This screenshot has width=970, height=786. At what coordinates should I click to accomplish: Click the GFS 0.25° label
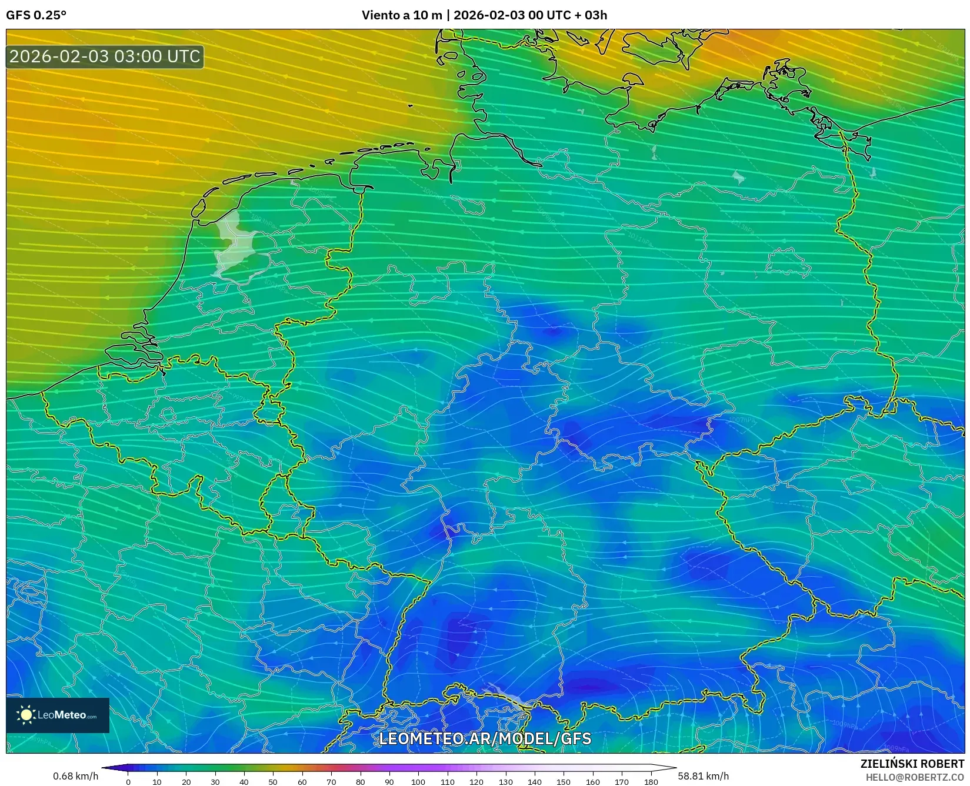click(36, 15)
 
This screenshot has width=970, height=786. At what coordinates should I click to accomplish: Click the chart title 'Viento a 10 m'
click(401, 15)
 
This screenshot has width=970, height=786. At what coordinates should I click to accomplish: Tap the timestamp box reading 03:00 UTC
click(105, 56)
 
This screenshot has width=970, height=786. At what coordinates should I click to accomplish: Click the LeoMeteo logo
click(58, 715)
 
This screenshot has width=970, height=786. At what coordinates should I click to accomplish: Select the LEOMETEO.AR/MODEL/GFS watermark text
click(485, 738)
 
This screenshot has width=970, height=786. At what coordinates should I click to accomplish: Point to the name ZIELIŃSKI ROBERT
click(912, 764)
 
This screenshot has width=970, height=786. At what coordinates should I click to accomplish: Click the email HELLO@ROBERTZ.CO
click(915, 777)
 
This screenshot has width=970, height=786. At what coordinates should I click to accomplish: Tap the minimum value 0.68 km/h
click(75, 776)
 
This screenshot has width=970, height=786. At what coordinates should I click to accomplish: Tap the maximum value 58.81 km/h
click(703, 776)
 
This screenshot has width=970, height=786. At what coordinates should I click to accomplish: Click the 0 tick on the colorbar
click(128, 782)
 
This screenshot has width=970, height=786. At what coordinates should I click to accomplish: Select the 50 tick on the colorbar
click(273, 782)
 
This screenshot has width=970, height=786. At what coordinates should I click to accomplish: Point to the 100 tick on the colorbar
click(418, 782)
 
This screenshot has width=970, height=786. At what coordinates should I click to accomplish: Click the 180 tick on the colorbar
click(651, 782)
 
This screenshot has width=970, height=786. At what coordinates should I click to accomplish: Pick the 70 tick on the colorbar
click(331, 782)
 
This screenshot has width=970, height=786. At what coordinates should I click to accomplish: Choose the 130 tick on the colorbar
click(505, 782)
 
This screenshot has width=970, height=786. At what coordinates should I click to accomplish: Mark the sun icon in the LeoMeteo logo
click(26, 715)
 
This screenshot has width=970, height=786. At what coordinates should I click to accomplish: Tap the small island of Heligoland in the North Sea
click(410, 106)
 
